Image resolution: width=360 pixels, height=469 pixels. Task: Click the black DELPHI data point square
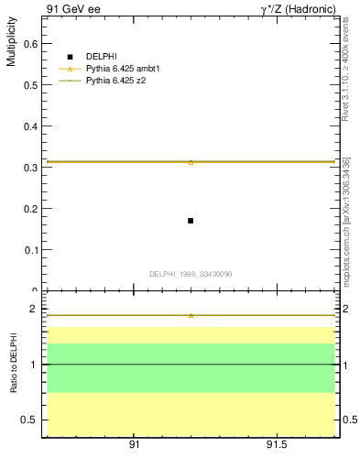coord(190,221)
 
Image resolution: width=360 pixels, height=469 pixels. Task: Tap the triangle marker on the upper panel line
coord(191,162)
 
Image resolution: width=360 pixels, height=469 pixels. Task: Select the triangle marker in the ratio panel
coord(191,315)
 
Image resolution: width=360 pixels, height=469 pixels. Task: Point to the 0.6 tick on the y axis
coord(29,43)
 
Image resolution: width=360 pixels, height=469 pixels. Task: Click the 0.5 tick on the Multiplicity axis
coord(29,84)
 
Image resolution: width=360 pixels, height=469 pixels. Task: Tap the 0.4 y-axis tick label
coord(29,125)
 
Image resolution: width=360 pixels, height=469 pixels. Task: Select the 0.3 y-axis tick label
coord(29,167)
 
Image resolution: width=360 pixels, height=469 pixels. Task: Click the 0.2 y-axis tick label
coord(29,208)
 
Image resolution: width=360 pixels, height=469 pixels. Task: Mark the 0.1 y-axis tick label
coord(29,249)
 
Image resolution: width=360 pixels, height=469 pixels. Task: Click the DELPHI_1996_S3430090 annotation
coord(191,274)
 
